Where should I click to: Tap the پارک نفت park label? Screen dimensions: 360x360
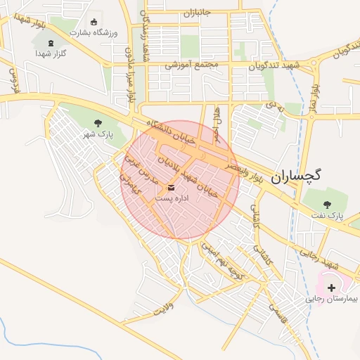point(327,216)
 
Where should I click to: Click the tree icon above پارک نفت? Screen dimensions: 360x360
point(327,204)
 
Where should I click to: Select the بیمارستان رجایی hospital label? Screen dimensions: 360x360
point(331,299)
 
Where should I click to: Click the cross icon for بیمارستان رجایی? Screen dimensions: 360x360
point(331,287)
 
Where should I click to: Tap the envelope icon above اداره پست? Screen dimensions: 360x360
point(171,188)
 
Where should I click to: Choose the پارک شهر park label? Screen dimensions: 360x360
point(98,134)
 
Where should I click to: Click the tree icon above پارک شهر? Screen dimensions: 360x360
point(98,122)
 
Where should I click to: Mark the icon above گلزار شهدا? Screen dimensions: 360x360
point(51,43)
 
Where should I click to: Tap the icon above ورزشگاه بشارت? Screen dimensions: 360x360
point(95,22)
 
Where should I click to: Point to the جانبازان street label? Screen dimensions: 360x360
point(198,13)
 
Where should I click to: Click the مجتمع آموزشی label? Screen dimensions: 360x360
point(193,65)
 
